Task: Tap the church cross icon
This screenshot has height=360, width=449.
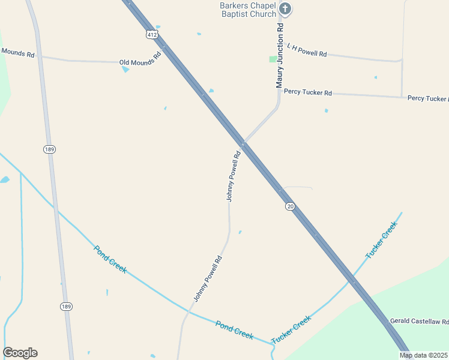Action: click(x=285, y=8)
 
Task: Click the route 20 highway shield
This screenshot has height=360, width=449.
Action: click(x=290, y=206)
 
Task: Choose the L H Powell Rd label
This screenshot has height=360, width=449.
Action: click(x=307, y=50)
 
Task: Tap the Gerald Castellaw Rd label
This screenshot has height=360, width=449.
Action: click(x=419, y=322)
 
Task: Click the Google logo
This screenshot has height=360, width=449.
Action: click(x=20, y=353)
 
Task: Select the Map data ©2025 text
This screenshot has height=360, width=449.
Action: click(x=424, y=355)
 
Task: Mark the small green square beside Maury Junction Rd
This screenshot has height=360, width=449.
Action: click(x=273, y=59)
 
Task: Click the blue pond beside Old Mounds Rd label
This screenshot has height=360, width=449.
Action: click(x=125, y=70)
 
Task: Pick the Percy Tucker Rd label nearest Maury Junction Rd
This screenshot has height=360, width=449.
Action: click(x=307, y=93)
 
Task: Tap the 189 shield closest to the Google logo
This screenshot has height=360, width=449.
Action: click(x=67, y=306)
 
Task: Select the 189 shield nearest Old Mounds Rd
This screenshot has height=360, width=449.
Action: click(x=50, y=148)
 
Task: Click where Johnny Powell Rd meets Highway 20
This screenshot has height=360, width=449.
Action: click(x=243, y=145)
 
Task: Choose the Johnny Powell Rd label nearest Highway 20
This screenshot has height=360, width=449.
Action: click(x=234, y=176)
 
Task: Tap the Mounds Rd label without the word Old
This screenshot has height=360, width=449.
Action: click(x=17, y=53)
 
